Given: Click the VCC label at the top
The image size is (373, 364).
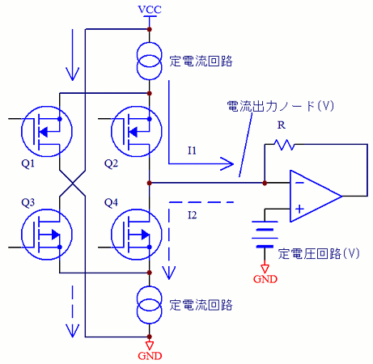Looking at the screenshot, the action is coord(150,10).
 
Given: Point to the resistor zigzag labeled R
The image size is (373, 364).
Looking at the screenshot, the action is coord(284,145).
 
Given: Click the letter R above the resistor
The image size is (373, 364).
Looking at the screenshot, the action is coord(282,125).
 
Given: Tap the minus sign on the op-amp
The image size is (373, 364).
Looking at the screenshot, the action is coord(299,183).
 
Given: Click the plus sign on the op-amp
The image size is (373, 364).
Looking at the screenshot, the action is coord(299,209).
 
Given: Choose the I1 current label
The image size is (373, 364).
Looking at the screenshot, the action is coord(192,150).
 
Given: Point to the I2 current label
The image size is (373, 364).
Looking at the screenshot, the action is coord(193,215).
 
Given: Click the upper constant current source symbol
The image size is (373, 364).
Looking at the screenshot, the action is coord(150,61).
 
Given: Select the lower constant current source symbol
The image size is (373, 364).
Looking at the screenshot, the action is coord(150,305).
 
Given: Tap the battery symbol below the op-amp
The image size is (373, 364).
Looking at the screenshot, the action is coord(265,234).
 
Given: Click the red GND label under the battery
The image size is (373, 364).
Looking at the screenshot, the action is coord(265,279).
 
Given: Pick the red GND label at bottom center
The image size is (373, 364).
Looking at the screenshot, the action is coord(150,356).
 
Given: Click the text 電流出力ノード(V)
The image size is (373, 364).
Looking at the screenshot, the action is coord(281,106).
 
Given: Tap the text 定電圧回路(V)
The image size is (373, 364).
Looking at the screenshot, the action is coord(319,254).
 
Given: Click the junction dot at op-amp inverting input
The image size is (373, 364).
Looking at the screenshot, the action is coord(265,183).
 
